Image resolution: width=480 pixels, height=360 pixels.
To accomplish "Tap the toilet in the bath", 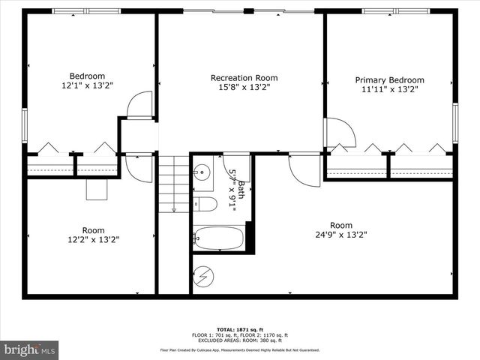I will click(205, 204).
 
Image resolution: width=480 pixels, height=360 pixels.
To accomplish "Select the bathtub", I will click(218, 238).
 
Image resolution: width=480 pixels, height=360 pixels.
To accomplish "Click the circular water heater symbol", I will click(203, 277).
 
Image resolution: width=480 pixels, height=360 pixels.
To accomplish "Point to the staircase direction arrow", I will click(173, 208).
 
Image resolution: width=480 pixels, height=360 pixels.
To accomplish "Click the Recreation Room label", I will click(244, 78).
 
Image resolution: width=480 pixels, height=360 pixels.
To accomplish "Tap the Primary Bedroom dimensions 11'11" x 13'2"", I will click(389, 90).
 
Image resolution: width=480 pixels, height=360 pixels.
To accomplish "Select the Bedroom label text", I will click(87, 76).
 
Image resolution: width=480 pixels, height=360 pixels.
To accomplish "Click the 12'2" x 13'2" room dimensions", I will click(93, 240).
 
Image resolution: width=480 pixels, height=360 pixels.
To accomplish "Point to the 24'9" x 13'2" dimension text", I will click(341, 235).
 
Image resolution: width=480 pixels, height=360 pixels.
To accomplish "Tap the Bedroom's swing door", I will click(140, 106).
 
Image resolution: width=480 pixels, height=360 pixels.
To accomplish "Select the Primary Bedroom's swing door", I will click(335, 132).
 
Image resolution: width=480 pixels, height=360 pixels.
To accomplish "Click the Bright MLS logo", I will click(30, 349).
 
